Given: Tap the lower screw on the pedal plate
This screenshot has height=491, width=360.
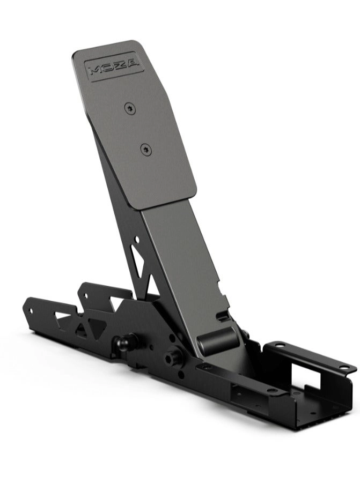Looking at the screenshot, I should tap(146, 150).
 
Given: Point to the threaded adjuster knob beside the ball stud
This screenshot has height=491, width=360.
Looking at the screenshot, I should tap(173, 355).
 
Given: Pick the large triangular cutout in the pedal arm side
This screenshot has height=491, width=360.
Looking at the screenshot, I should tap(139, 263).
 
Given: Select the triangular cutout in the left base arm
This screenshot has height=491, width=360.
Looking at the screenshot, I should tap(80, 328).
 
